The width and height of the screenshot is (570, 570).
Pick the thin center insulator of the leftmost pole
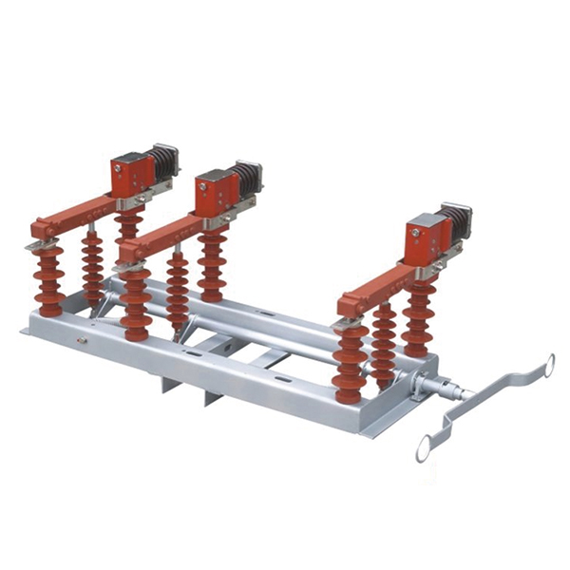[x=92, y=266]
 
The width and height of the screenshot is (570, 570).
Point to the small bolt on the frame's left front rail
[x=83, y=337]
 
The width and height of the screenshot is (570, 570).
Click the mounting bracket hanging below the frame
[x=211, y=389]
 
